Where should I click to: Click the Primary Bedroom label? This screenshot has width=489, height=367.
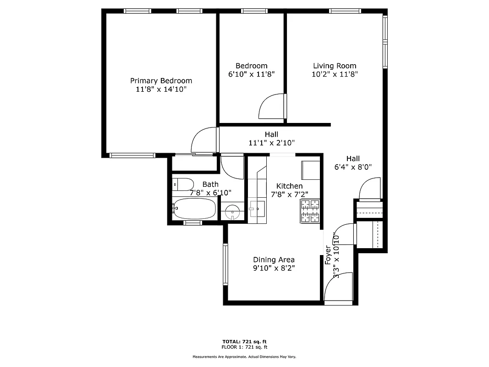[161, 81]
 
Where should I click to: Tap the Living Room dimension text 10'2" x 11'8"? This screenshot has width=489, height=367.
[335, 74]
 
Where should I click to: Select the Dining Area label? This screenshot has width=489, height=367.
[274, 260]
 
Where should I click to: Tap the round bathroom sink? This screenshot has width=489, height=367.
[233, 211]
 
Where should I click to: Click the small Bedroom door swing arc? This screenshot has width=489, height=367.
[271, 107]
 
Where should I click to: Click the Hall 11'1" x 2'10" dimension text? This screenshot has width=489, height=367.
[271, 143]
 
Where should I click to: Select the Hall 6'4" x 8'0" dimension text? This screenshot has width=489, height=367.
[352, 167]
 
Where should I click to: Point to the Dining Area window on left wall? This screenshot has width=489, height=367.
[225, 264]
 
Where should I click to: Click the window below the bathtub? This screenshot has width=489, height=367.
[192, 223]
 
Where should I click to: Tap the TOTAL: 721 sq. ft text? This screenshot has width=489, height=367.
[244, 342]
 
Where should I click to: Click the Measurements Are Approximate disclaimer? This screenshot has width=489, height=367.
[244, 356]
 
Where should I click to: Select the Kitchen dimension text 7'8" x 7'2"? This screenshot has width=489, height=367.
[289, 194]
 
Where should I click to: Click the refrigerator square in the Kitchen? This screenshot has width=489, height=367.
[310, 171]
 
